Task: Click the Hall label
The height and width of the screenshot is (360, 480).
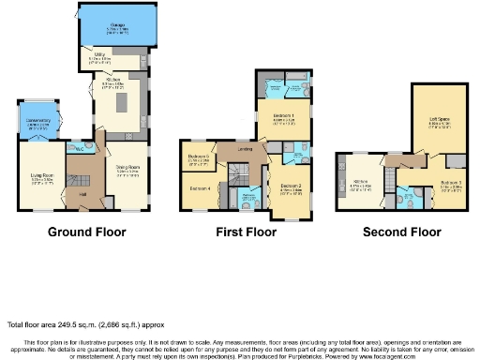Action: point(82,193)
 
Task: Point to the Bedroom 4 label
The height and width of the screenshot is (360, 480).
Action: point(201,188)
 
